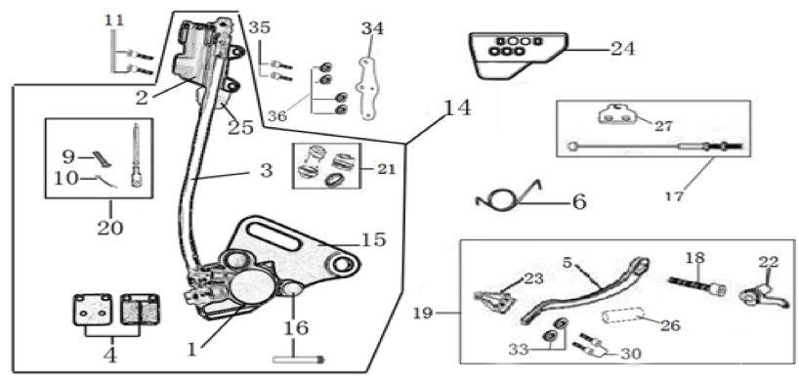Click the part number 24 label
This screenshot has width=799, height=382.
623,50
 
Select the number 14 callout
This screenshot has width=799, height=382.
457,108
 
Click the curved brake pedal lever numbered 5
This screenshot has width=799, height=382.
586,292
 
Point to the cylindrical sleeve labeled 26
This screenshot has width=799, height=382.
621,318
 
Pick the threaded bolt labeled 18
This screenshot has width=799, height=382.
696,285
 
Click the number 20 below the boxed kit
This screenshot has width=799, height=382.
110,227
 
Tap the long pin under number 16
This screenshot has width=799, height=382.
298,360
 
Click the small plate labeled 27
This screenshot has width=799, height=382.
617,114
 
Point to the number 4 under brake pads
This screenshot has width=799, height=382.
110,356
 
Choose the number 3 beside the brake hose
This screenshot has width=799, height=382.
266,170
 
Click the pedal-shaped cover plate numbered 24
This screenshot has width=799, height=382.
519,55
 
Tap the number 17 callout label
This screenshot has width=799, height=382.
674,196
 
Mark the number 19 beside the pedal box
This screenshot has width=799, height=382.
422,313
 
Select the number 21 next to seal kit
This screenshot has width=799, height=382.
387,169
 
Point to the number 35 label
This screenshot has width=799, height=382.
260,27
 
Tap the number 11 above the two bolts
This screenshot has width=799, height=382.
114,21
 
